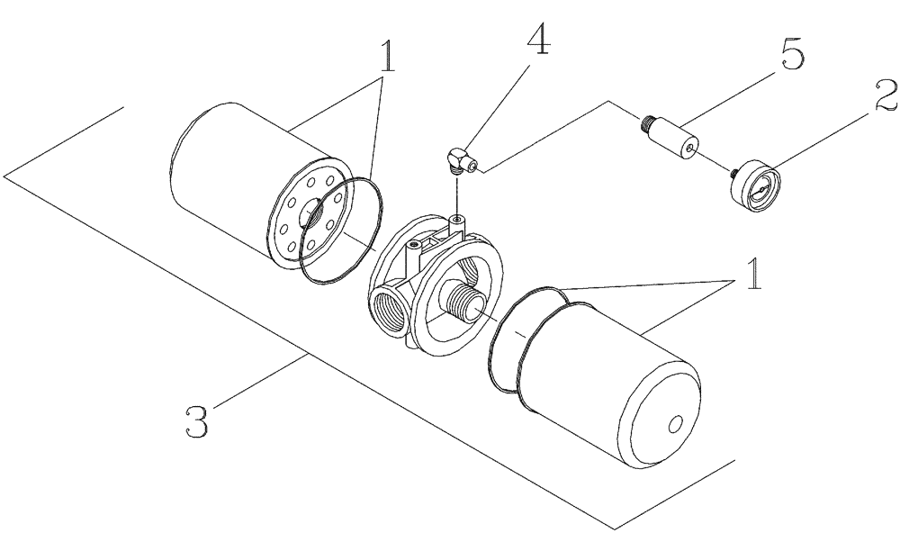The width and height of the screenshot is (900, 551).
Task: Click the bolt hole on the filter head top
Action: tap(413, 245)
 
